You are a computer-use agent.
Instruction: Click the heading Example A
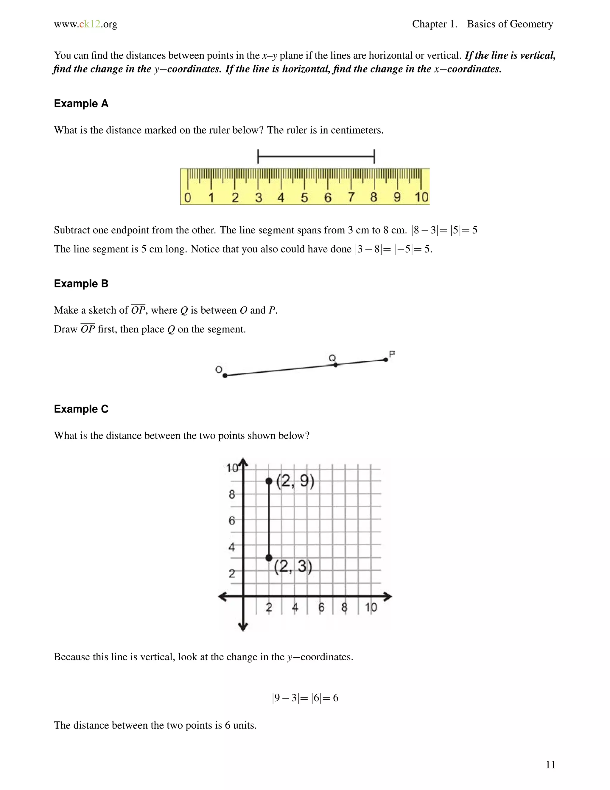[81, 104]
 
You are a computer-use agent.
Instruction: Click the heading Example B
[81, 284]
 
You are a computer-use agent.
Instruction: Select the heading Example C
[81, 409]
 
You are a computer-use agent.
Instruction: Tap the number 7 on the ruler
[351, 197]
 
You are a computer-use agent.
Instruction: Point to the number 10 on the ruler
[421, 197]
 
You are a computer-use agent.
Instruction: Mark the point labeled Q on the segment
[335, 365]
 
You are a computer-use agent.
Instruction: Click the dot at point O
[225, 375]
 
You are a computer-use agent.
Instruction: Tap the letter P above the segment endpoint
[392, 354]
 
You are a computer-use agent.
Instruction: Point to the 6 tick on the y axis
[232, 521]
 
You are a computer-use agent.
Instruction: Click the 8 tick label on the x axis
[344, 607]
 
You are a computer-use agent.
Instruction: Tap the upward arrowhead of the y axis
[243, 461]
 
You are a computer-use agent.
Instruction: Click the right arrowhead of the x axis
[388, 597]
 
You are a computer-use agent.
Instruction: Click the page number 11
[550, 765]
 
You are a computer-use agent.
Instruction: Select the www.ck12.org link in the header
[86, 24]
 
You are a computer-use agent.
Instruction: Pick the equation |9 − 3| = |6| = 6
[305, 698]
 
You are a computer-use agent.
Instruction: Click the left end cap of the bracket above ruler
[258, 157]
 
